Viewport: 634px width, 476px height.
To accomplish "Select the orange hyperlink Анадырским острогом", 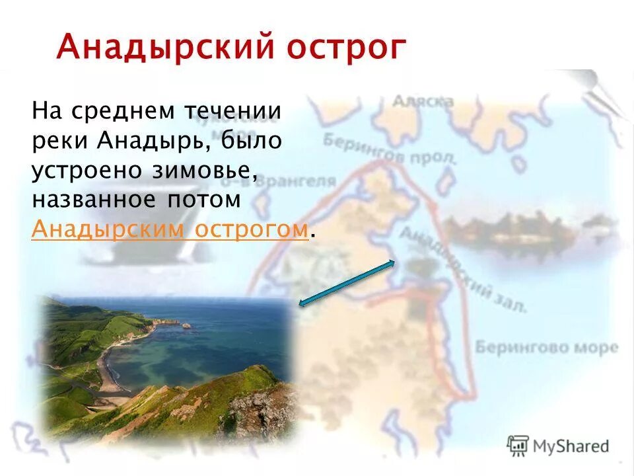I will [170, 229].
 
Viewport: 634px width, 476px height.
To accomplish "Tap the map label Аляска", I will [423, 100].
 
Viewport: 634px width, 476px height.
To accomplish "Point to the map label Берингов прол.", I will [390, 149].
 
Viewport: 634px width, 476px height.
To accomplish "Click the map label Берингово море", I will [547, 347].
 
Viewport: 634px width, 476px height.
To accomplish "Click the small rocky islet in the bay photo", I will [186, 325].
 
